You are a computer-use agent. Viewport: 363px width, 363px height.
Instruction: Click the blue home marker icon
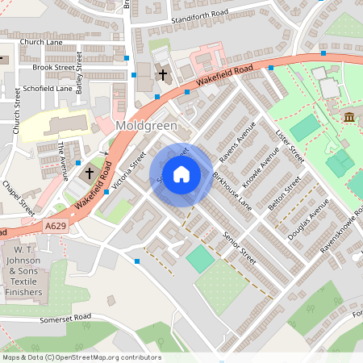pyautogui.click(x=181, y=173)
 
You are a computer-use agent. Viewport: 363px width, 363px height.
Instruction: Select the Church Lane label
pyautogui.click(x=41, y=41)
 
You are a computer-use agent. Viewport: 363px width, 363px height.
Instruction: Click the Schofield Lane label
pyautogui.click(x=48, y=89)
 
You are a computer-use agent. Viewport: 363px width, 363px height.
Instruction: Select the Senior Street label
pyautogui.click(x=240, y=249)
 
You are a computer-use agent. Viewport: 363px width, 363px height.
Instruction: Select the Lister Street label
pyautogui.click(x=286, y=148)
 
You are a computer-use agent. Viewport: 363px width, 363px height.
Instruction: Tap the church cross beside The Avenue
pyautogui.click(x=90, y=173)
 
